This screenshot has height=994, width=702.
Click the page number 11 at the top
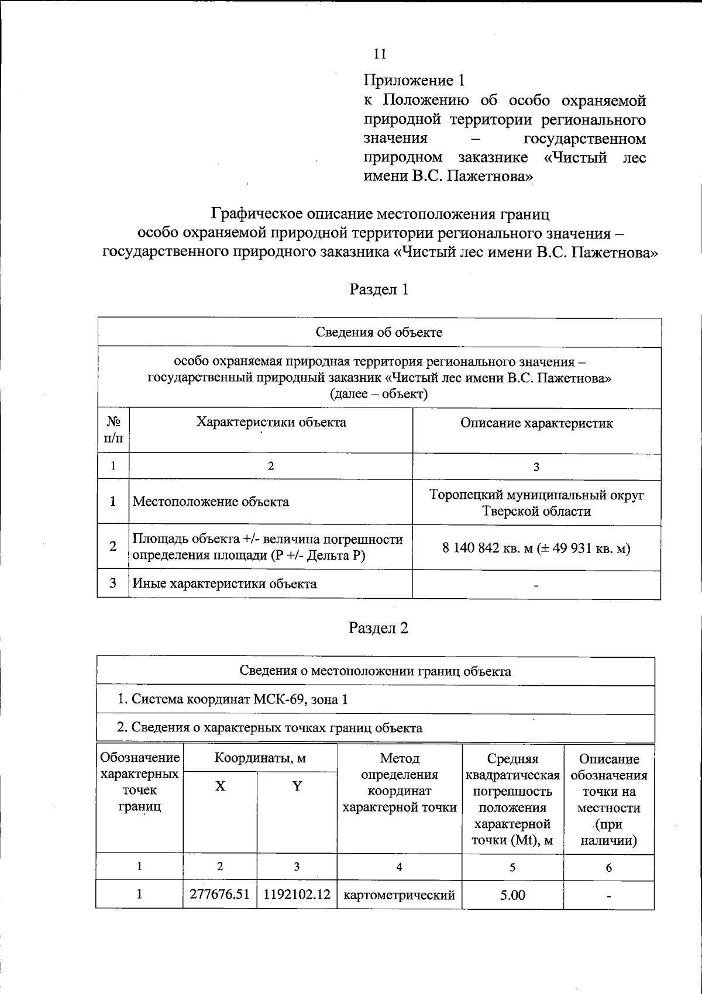pos(380,54)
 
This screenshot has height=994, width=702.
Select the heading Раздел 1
pos(378,289)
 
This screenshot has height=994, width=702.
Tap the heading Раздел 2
pos(378,628)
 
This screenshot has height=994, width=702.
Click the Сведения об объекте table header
pos(379,333)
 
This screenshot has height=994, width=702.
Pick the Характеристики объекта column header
pos(271,422)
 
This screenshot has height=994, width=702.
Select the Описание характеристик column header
pos(536,423)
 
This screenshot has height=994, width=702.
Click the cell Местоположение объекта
pos(211,502)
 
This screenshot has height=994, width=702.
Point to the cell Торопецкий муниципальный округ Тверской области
pos(536,503)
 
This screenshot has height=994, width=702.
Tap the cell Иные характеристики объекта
pos(225,584)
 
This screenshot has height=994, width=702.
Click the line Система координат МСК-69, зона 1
pos(232,699)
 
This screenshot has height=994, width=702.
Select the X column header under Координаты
pos(220,786)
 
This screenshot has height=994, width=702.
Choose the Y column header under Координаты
pos(297,786)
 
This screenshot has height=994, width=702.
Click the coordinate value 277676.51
pos(220,895)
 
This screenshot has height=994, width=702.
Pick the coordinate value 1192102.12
pos(297,895)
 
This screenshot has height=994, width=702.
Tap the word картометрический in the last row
pos(400,895)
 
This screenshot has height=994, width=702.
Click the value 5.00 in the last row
pos(512,895)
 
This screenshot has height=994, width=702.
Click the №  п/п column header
pos(113,430)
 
